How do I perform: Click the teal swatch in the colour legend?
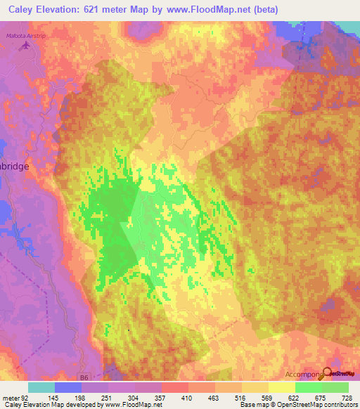click(x=41, y=387)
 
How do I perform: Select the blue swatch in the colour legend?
click(x=68, y=387)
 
